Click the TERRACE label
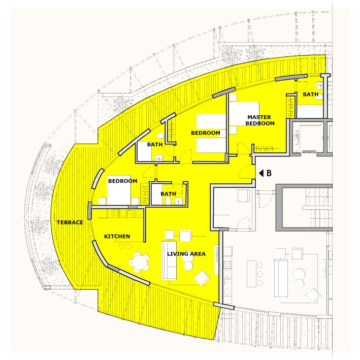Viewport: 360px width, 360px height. [70, 222]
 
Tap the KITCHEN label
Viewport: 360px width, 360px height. [117, 236]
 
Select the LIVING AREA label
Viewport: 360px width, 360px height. [186, 254]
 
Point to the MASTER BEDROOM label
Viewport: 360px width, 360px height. [260, 120]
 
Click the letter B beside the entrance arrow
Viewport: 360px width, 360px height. [269, 173]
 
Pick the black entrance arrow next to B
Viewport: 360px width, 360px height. [261, 173]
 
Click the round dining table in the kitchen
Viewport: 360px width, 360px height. [139, 262]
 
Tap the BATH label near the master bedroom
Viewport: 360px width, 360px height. [310, 94]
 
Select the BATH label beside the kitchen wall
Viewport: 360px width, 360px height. [168, 194]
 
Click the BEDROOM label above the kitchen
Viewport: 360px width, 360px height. [122, 181]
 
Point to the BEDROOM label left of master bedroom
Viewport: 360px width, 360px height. [206, 133]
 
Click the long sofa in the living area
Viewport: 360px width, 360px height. [170, 260]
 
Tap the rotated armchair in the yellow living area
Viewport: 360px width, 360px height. [202, 278]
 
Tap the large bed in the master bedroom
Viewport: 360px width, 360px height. [244, 114]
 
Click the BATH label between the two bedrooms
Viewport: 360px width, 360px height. [155, 144]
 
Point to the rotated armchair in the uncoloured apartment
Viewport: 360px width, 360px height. [313, 296]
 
